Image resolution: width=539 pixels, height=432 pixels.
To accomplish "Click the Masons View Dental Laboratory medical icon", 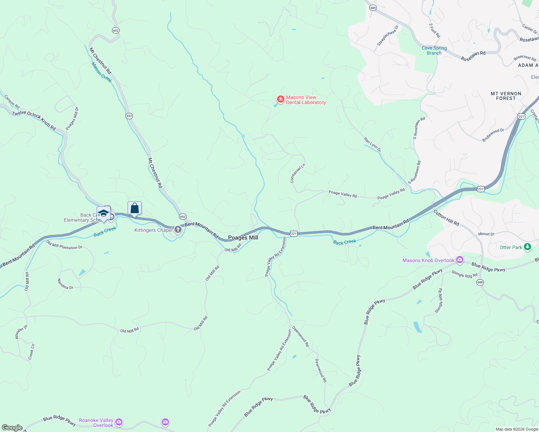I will point(280,99).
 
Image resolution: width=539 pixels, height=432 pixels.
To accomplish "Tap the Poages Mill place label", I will point(243,238).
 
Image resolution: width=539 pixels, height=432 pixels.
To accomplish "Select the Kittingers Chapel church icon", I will point(178,230).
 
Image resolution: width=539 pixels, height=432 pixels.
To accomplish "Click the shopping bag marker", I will point(134,208).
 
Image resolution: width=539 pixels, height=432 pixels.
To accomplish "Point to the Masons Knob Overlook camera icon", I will point(459,260).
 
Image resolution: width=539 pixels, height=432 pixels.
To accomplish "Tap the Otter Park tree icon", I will point(527,247).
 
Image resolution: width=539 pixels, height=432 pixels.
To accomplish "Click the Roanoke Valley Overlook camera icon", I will point(119,422).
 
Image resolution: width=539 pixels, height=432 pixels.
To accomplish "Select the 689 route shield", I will point(373,8).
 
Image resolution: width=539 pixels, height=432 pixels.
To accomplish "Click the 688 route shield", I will point(480,282).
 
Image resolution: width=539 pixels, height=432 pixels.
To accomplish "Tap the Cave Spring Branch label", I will point(434,50).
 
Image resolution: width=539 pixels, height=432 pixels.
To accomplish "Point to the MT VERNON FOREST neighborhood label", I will point(506,96).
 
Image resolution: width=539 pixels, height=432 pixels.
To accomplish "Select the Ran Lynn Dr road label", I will point(372,144).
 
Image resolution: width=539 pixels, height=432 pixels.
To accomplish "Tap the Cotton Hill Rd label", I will point(446,218).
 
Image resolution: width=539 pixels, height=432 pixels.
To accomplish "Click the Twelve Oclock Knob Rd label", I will point(34,121).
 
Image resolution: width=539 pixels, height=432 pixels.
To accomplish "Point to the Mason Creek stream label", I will point(101,72).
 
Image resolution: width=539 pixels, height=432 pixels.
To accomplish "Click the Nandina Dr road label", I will point(65,284).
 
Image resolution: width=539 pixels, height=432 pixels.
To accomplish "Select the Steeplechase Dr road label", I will point(388,35).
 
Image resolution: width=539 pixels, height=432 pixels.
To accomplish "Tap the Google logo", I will point(12,428).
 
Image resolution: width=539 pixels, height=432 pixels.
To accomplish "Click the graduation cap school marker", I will point(103,213).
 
